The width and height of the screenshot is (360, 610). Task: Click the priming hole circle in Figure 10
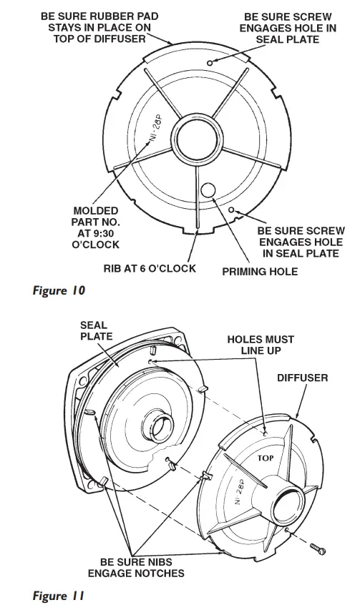tap(208, 190)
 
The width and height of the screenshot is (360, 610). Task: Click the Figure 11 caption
tap(59, 594)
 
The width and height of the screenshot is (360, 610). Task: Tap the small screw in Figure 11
tap(319, 546)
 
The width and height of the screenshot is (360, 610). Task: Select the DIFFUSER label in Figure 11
tap(302, 377)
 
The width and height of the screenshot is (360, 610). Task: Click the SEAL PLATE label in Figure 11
tap(94, 330)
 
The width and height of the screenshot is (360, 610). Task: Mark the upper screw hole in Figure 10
tap(209, 64)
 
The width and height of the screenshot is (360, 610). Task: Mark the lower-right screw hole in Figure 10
tap(232, 210)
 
